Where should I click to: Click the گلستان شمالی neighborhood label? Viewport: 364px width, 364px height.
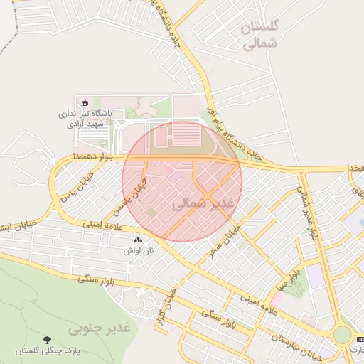262,36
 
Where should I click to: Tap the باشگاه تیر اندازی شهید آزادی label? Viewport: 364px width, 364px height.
85,118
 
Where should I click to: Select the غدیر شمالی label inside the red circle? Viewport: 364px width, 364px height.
202,203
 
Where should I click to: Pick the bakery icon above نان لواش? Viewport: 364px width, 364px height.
137,241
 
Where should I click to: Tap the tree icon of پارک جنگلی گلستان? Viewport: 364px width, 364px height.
47,340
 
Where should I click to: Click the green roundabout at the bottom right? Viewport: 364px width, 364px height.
343,335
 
